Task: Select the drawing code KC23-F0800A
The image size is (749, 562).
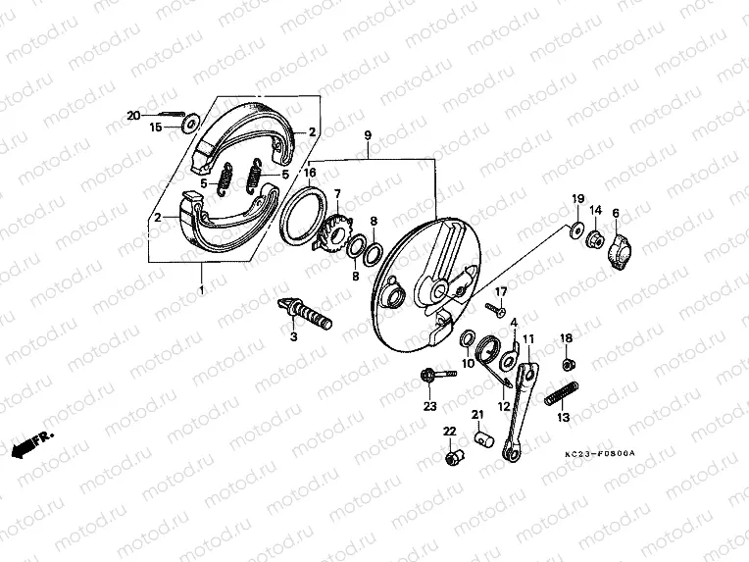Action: point(600,453)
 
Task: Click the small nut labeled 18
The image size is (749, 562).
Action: point(567,364)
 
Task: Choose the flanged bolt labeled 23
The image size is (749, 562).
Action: point(436,375)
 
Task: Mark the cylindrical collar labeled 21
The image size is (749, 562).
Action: point(482,436)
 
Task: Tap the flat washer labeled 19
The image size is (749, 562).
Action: point(572,230)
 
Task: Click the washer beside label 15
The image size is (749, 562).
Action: point(189,124)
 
